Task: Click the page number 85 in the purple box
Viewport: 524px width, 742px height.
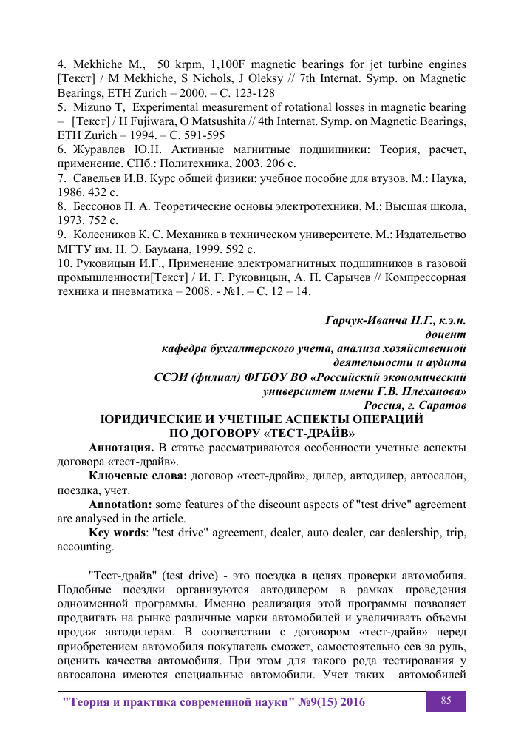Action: coord(446,700)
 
